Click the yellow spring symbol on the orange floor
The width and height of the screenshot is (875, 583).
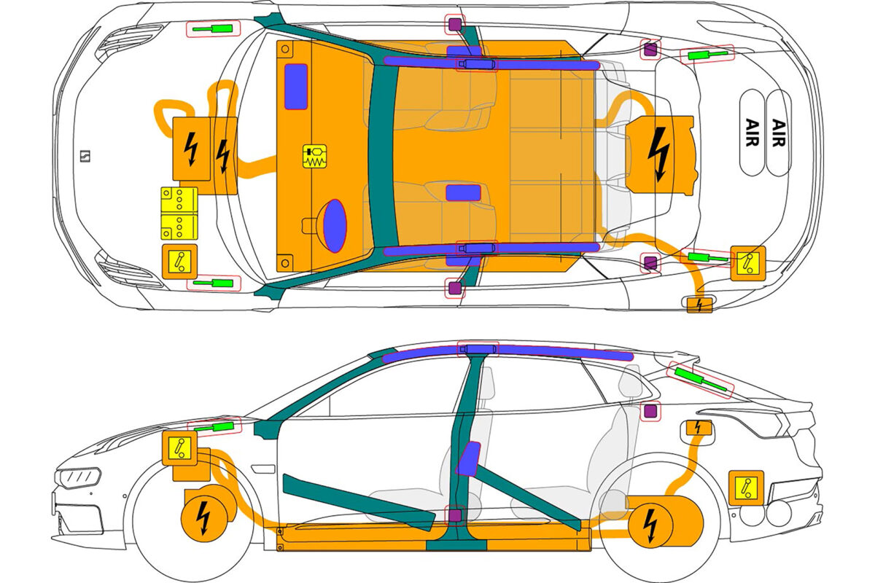315,158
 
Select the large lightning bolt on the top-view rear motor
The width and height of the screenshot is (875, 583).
660,154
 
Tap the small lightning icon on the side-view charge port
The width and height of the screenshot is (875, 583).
699,428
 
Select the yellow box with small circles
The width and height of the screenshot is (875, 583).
179,213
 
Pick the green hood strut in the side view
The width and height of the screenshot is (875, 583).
217,428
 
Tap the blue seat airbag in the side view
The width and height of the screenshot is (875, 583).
468,459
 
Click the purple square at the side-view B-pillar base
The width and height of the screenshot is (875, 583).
456,516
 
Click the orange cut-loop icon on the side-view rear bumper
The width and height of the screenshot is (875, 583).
746,487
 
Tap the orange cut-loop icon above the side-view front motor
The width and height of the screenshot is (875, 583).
179,446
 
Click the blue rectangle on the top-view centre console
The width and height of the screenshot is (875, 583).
463,192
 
